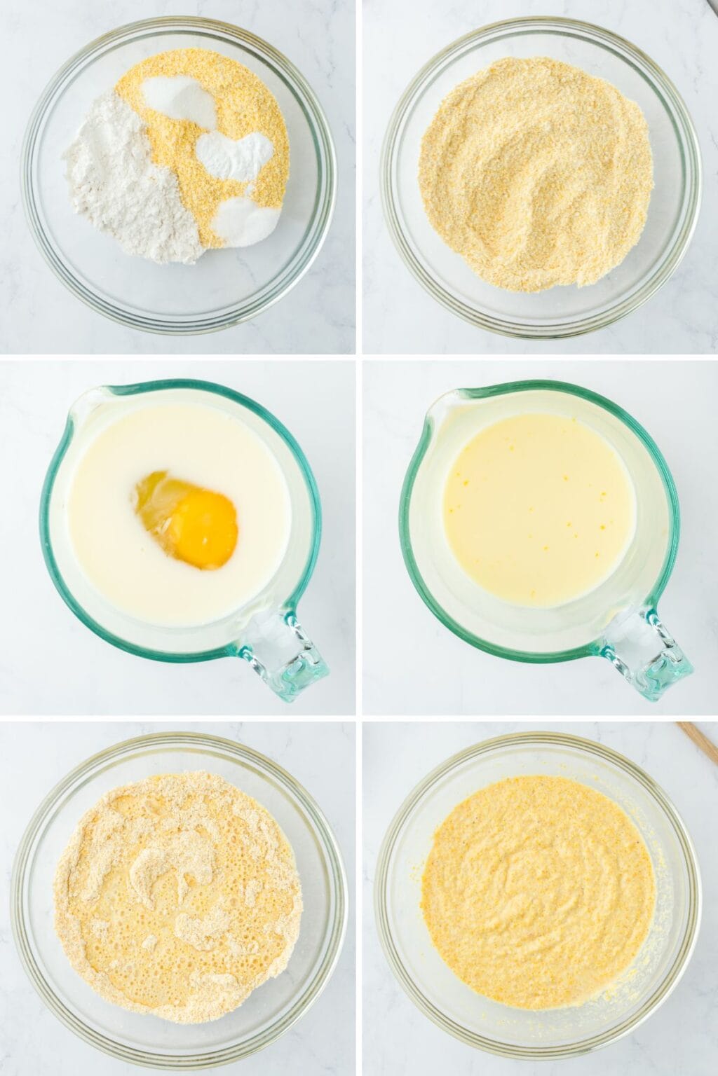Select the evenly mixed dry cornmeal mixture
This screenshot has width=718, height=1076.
click(x=536, y=175)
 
